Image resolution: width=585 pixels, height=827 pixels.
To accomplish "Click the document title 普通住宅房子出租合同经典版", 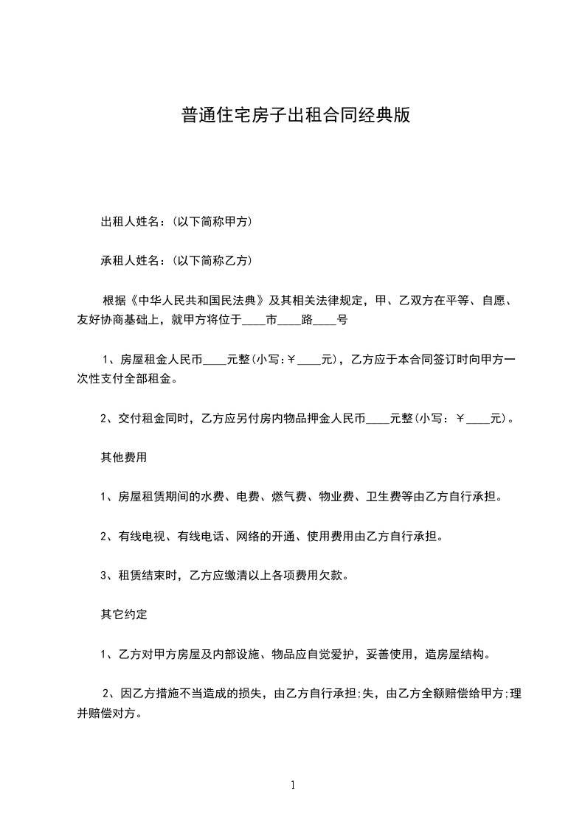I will pyautogui.click(x=295, y=116).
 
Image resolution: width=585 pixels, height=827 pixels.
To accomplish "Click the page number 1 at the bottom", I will pyautogui.click(x=293, y=785).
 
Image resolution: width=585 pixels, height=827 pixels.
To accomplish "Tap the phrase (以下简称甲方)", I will pyautogui.click(x=212, y=221).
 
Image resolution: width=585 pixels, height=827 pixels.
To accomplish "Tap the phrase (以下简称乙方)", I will pyautogui.click(x=212, y=260).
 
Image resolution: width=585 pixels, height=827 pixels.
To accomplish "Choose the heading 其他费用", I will pyautogui.click(x=124, y=457).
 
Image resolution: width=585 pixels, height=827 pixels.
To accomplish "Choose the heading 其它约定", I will pyautogui.click(x=124, y=613).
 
